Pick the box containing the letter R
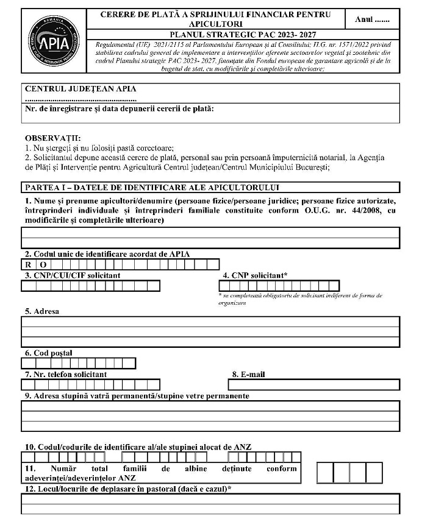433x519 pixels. tap(27, 264)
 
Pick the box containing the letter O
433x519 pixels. tap(43, 264)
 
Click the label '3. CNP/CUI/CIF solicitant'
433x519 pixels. tap(72, 275)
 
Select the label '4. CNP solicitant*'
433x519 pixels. tap(255, 275)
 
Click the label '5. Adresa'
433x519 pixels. tap(41, 311)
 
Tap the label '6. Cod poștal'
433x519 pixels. tap(48, 353)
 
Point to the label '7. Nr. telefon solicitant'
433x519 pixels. tap(65, 374)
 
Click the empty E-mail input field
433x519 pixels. tap(314, 384)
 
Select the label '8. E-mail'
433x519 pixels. tap(248, 374)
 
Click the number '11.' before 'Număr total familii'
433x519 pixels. tap(32, 468)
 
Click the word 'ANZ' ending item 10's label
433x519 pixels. tap(242, 447)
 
